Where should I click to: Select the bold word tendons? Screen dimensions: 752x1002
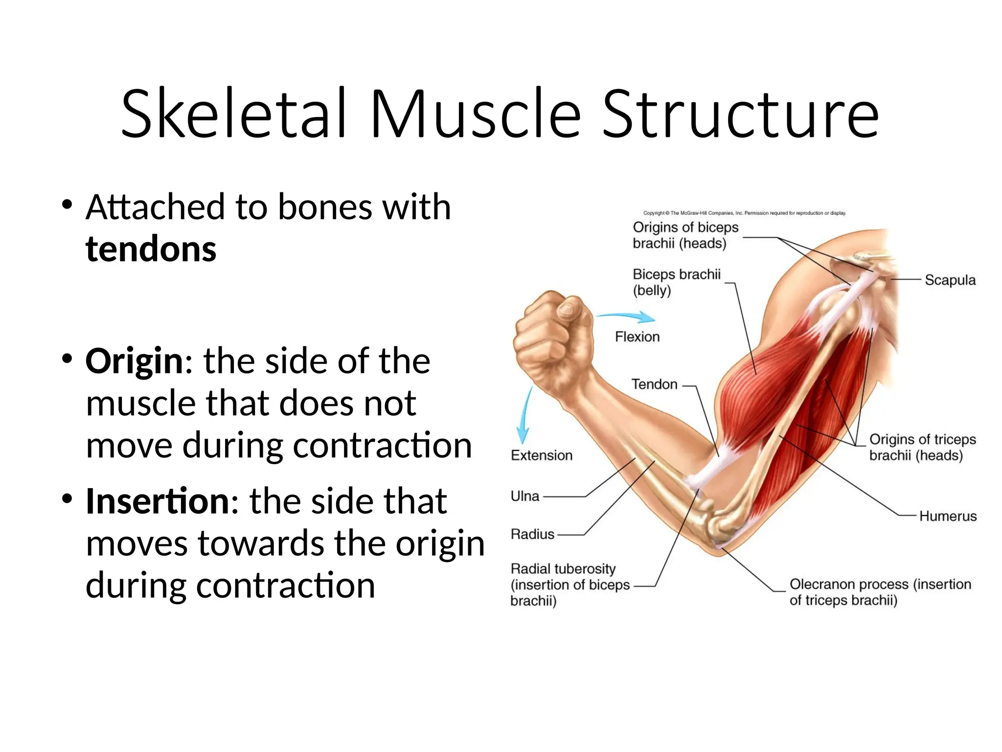pyautogui.click(x=151, y=249)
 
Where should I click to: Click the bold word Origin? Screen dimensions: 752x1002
pyautogui.click(x=135, y=361)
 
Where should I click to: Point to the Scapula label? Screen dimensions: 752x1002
pyautogui.click(x=950, y=280)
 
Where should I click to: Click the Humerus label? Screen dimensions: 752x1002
pyautogui.click(x=948, y=516)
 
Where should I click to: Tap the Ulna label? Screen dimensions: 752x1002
pyautogui.click(x=524, y=496)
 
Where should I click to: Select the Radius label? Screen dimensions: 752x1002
pyautogui.click(x=532, y=534)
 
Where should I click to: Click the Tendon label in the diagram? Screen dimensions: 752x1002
pyautogui.click(x=654, y=384)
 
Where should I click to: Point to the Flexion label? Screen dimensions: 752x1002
pyautogui.click(x=637, y=337)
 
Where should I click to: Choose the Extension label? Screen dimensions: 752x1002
pyautogui.click(x=541, y=455)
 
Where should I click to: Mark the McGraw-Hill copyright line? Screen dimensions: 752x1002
pyautogui.click(x=744, y=213)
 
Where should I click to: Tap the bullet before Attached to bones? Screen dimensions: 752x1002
pyautogui.click(x=67, y=204)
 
